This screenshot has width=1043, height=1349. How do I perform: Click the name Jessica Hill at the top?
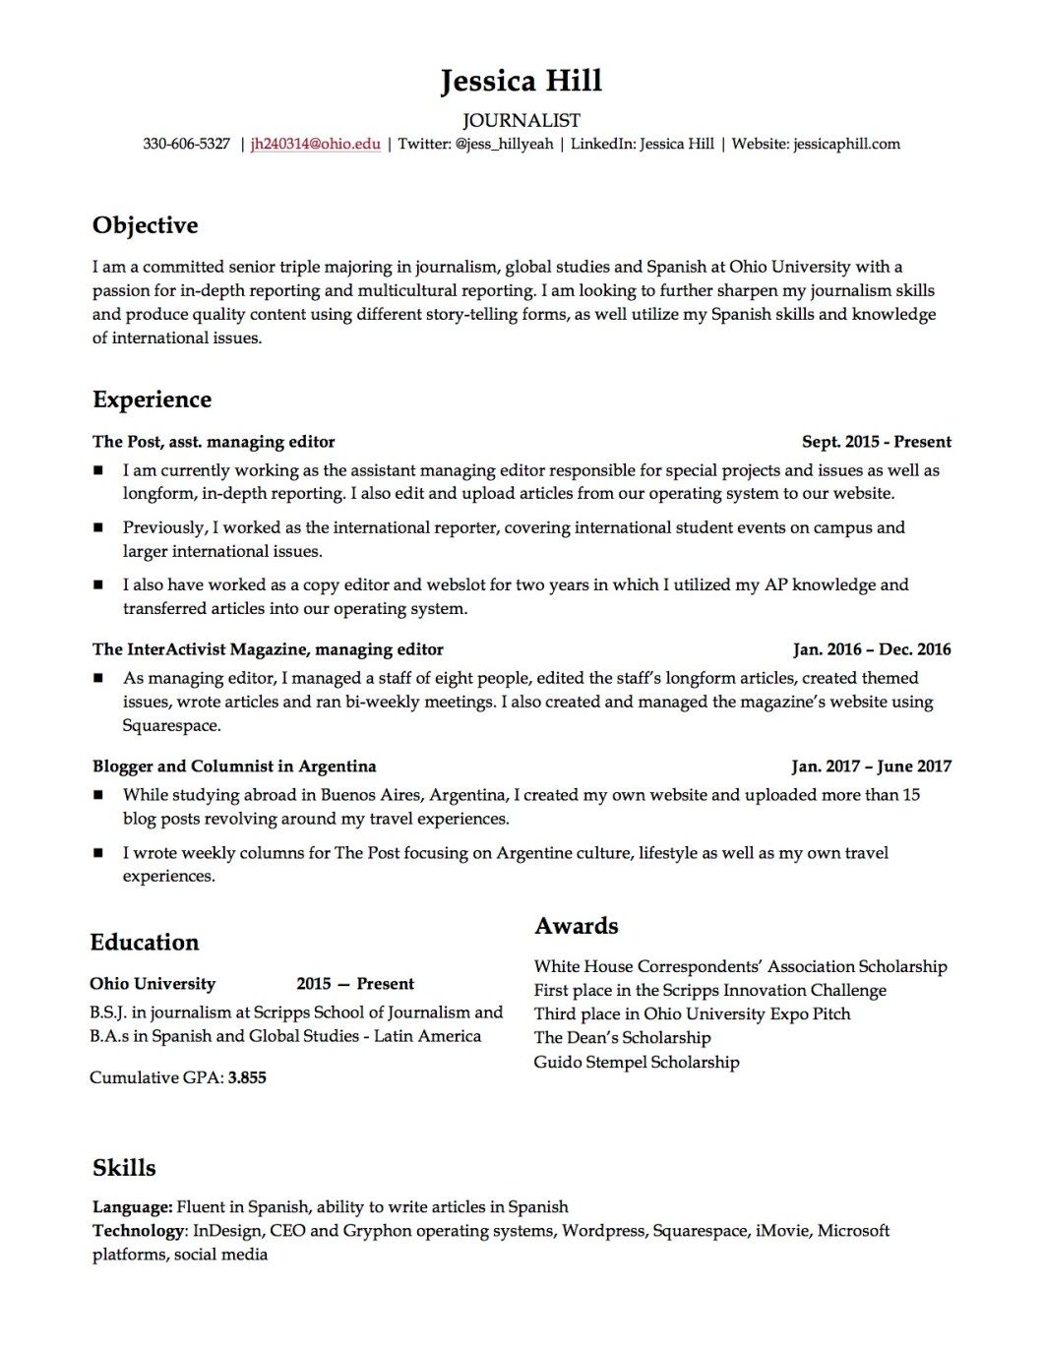(521, 81)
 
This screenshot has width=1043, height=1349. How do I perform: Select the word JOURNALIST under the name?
(521, 121)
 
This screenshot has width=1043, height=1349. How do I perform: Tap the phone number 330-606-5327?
(186, 145)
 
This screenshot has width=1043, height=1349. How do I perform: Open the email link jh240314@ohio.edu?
(315, 145)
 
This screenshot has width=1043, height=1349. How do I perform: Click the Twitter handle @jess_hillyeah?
(504, 145)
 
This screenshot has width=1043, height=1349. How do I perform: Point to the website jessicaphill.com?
(846, 145)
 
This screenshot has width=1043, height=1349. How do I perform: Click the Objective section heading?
(145, 225)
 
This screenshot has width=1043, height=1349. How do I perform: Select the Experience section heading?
(152, 399)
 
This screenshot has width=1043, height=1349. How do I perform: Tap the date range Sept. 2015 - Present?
(876, 442)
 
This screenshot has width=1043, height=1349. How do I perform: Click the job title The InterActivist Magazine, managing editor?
(268, 649)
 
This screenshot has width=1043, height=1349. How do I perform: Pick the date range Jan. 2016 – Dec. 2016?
(872, 649)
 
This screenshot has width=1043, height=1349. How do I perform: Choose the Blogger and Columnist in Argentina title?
(234, 766)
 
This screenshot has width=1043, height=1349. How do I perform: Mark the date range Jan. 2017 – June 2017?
(871, 766)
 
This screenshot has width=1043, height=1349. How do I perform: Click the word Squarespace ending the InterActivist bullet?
(171, 726)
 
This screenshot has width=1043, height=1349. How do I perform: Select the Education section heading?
(144, 943)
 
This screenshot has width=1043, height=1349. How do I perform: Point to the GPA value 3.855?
(247, 1078)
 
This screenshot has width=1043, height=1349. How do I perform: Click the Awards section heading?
(577, 926)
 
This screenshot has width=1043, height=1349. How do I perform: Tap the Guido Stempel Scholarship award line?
(636, 1063)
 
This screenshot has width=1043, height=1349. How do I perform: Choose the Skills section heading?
(124, 1168)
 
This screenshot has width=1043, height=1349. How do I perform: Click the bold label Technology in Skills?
(139, 1231)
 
